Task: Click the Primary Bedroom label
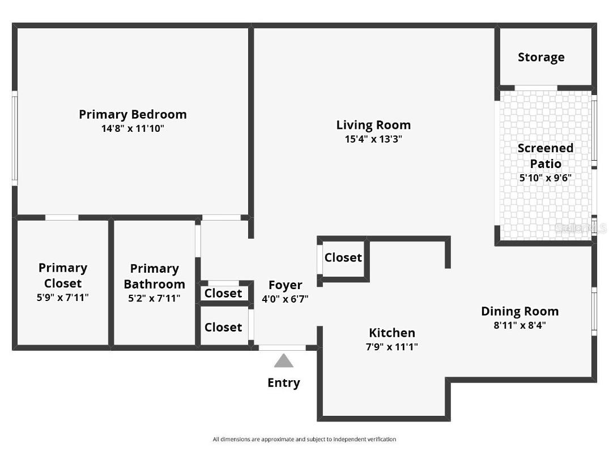[x=133, y=114]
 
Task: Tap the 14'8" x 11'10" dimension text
[x=133, y=128]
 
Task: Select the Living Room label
[x=373, y=125]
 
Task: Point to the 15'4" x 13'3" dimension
[x=373, y=139]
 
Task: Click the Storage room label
[x=541, y=57]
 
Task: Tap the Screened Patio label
[x=546, y=156]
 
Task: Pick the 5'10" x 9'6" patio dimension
[x=546, y=178]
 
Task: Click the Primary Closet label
[x=63, y=276]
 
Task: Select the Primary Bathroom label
[x=154, y=276]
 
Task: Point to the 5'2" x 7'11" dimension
[x=154, y=298]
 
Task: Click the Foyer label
[x=285, y=285]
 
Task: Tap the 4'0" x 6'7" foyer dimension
[x=285, y=299]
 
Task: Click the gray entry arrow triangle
[x=284, y=362]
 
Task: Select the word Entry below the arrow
[x=284, y=383]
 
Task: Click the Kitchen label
[x=392, y=333]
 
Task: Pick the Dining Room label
[x=519, y=311]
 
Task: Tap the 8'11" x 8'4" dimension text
[x=519, y=325]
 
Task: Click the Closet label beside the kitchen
[x=343, y=257]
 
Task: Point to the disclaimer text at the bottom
[x=304, y=439]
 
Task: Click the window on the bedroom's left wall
[x=15, y=138]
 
